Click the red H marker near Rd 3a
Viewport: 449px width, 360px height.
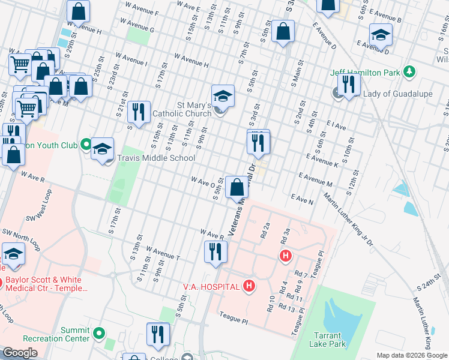click(286, 256)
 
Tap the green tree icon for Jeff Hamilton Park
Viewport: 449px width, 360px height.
click(409, 72)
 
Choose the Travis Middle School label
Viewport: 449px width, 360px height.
click(156, 158)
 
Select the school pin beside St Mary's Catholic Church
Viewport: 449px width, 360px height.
click(222, 96)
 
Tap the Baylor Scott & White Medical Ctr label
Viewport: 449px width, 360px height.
click(47, 284)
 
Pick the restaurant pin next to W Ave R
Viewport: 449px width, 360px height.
click(216, 252)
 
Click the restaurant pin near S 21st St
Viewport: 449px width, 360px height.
click(139, 112)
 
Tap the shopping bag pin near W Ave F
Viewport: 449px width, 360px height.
click(79, 11)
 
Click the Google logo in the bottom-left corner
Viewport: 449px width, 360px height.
click(20, 353)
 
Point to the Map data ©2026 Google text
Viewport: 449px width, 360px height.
click(412, 355)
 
